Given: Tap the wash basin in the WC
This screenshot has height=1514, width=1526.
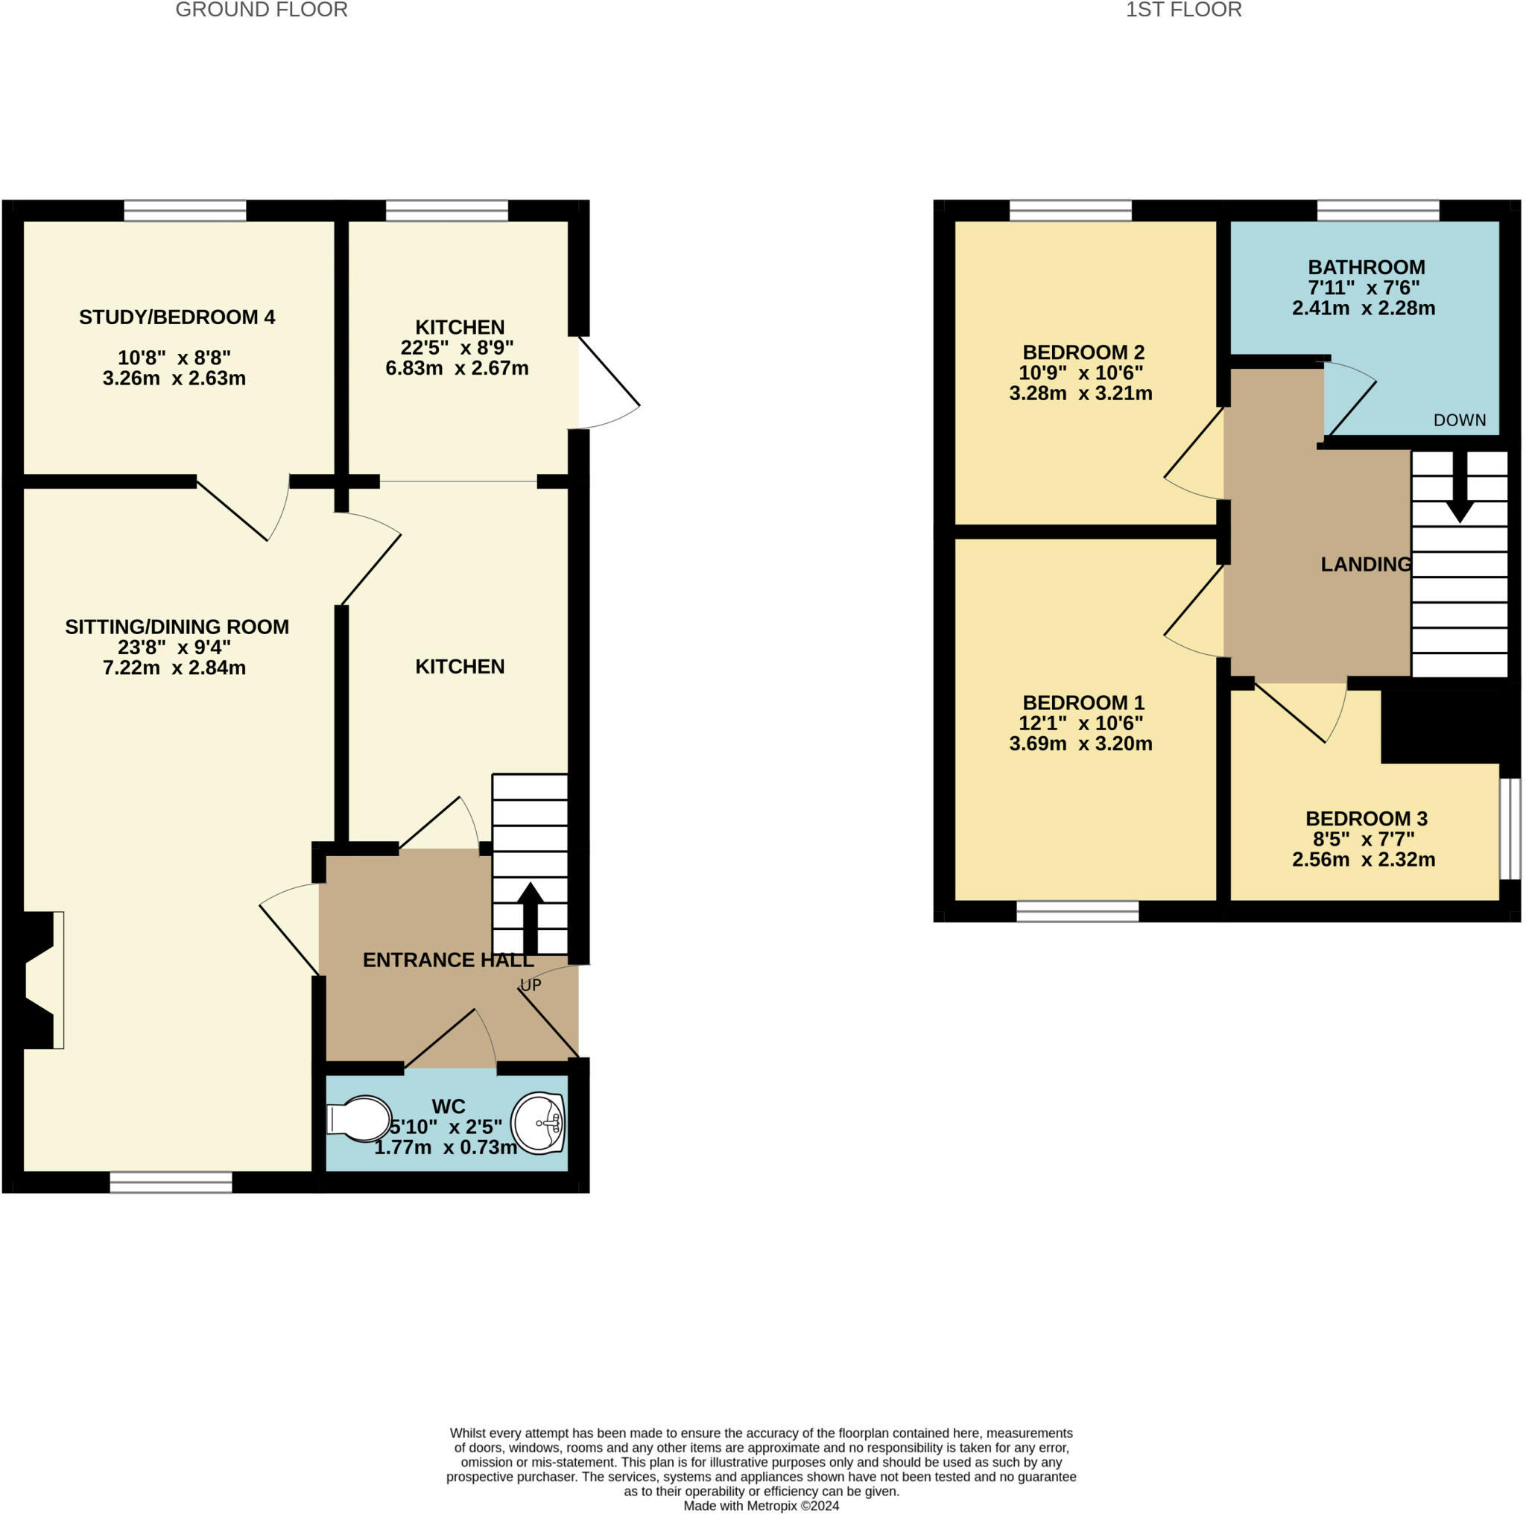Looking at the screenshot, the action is [538, 1122].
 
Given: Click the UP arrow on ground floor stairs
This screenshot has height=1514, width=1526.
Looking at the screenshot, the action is [530, 918].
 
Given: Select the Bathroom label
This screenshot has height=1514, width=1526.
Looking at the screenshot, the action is [1367, 267].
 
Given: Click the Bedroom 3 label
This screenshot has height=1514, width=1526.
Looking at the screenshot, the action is [1367, 818].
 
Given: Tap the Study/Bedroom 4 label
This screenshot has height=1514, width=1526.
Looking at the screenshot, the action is [177, 317].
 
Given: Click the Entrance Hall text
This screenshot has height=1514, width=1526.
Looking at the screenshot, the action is [448, 960].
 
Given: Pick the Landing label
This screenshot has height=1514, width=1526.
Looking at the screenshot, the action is [1366, 564].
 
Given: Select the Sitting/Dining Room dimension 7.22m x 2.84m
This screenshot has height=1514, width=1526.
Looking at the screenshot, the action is [174, 668].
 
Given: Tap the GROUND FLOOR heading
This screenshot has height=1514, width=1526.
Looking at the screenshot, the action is [262, 10].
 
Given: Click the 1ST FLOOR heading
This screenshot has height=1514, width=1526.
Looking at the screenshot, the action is [1183, 10].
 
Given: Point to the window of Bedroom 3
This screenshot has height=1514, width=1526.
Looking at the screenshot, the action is [1510, 829].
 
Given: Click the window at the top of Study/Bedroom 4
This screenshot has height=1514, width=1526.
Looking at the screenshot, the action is [185, 211].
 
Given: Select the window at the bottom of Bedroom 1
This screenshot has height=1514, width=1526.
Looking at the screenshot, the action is [1077, 911].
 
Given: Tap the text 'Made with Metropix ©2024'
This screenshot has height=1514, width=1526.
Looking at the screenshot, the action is [762, 1505].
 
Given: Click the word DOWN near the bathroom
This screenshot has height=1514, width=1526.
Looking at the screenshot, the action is [1460, 420].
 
